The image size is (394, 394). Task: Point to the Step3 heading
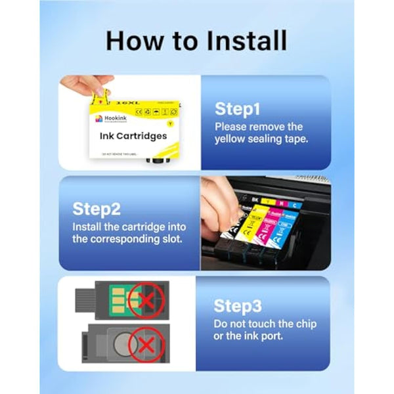pyautogui.click(x=238, y=305)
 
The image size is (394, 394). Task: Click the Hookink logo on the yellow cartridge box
pyautogui.click(x=104, y=118)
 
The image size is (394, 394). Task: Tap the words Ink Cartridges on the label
pyautogui.click(x=133, y=136)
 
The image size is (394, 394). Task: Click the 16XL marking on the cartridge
pyautogui.click(x=127, y=102)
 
